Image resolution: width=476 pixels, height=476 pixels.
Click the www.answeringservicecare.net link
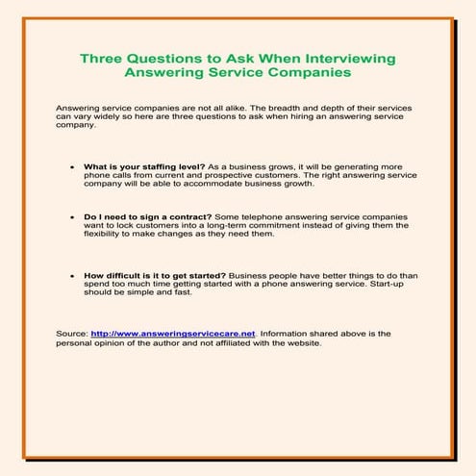pos(173,333)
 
